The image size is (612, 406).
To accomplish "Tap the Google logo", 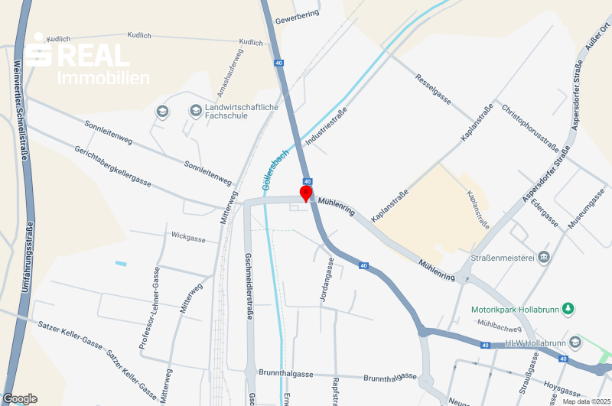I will point(20,398).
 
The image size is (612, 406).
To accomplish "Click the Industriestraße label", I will point(327,128).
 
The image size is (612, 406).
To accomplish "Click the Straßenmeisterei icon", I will point(544,256).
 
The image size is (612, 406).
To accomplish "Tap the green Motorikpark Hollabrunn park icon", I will point(568,309).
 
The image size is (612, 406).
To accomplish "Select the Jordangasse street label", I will point(327,278).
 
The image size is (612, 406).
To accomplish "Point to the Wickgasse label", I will point(188,239).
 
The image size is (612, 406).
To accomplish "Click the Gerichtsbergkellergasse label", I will point(113,166).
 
